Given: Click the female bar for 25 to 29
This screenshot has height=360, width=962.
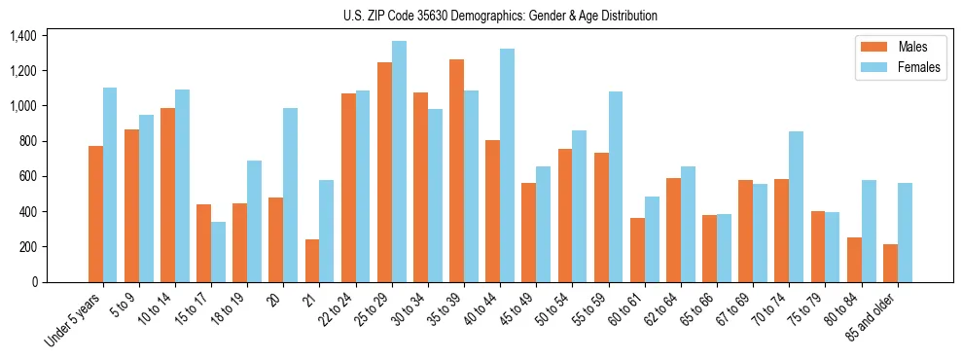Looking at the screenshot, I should [399, 162].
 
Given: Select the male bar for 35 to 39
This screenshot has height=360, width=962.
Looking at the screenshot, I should [456, 171].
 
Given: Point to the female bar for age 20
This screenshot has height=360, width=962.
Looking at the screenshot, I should [291, 195].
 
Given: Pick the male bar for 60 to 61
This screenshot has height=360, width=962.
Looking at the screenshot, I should [637, 250].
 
